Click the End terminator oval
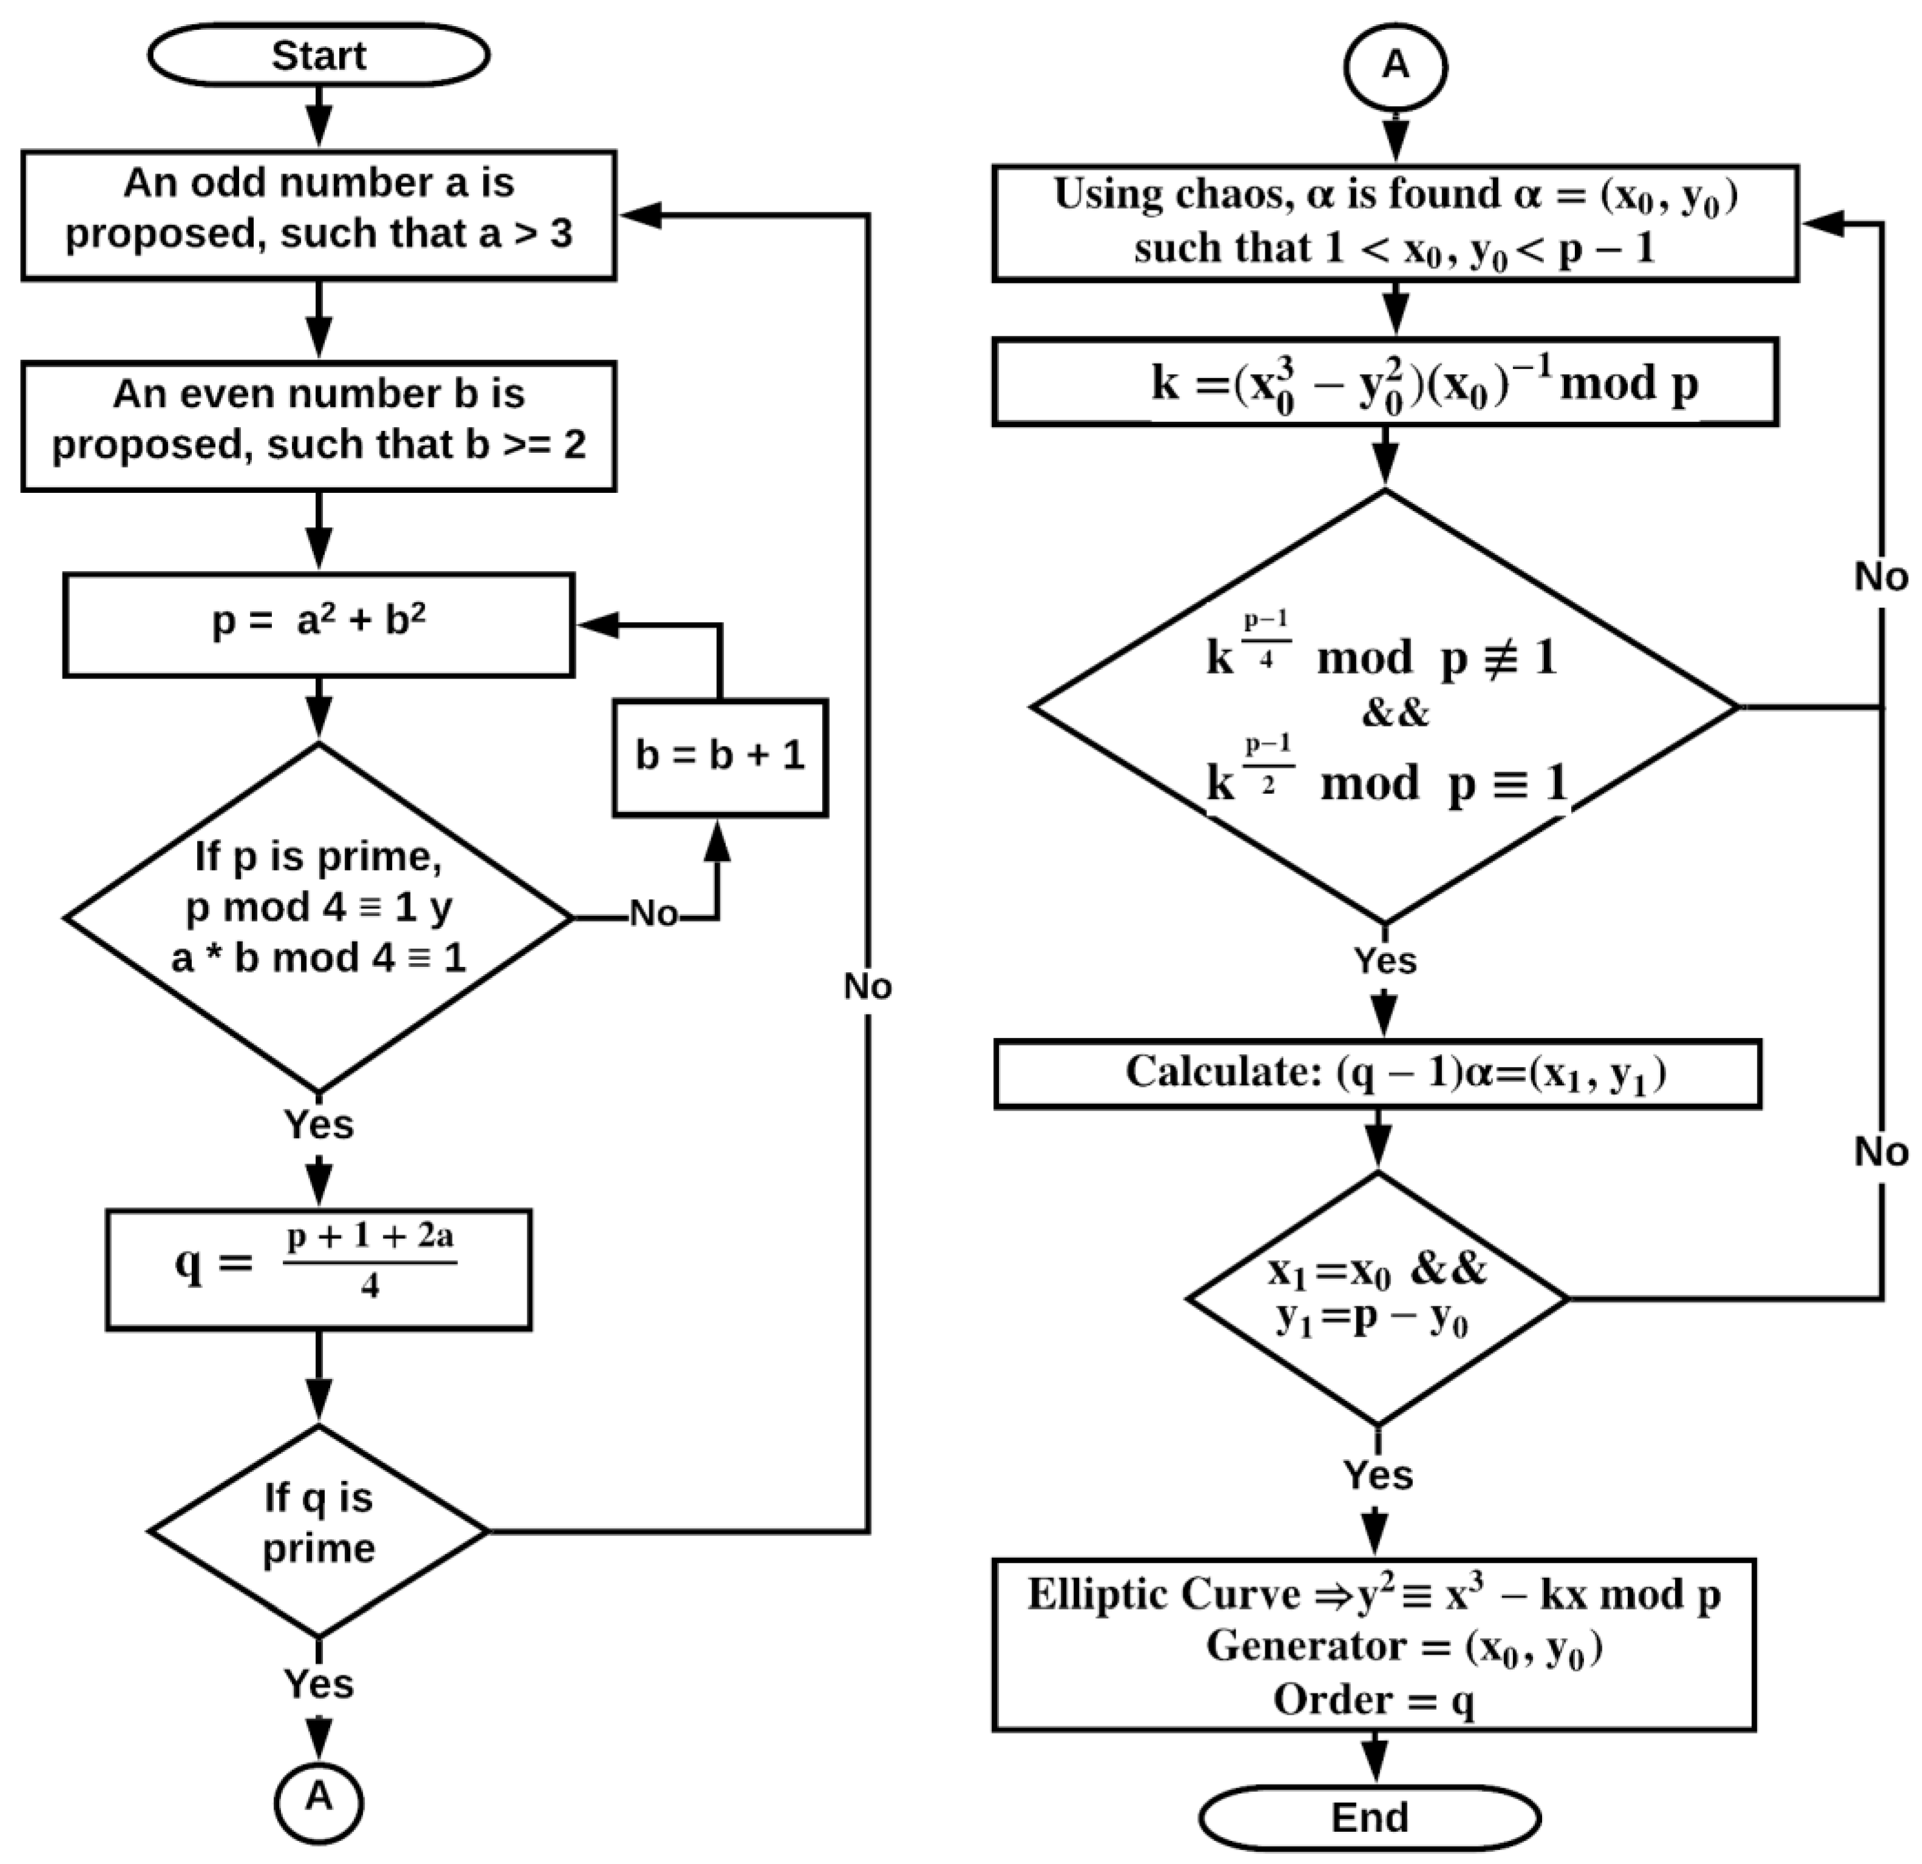pyautogui.click(x=1369, y=1817)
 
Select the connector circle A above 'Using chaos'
pyautogui.click(x=1395, y=66)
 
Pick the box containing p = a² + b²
pyautogui.click(x=319, y=625)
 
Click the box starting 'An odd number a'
pyautogui.click(x=319, y=215)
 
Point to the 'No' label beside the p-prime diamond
pyautogui.click(x=653, y=914)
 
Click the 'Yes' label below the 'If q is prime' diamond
pyautogui.click(x=319, y=1684)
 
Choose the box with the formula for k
pyautogui.click(x=1385, y=382)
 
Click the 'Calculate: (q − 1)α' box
pyautogui.click(x=1377, y=1074)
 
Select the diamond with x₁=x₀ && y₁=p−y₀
pyautogui.click(x=1377, y=1298)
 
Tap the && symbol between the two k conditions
pyautogui.click(x=1395, y=713)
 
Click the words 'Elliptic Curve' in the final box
pyautogui.click(x=1163, y=1595)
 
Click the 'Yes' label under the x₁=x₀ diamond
pyautogui.click(x=1378, y=1475)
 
